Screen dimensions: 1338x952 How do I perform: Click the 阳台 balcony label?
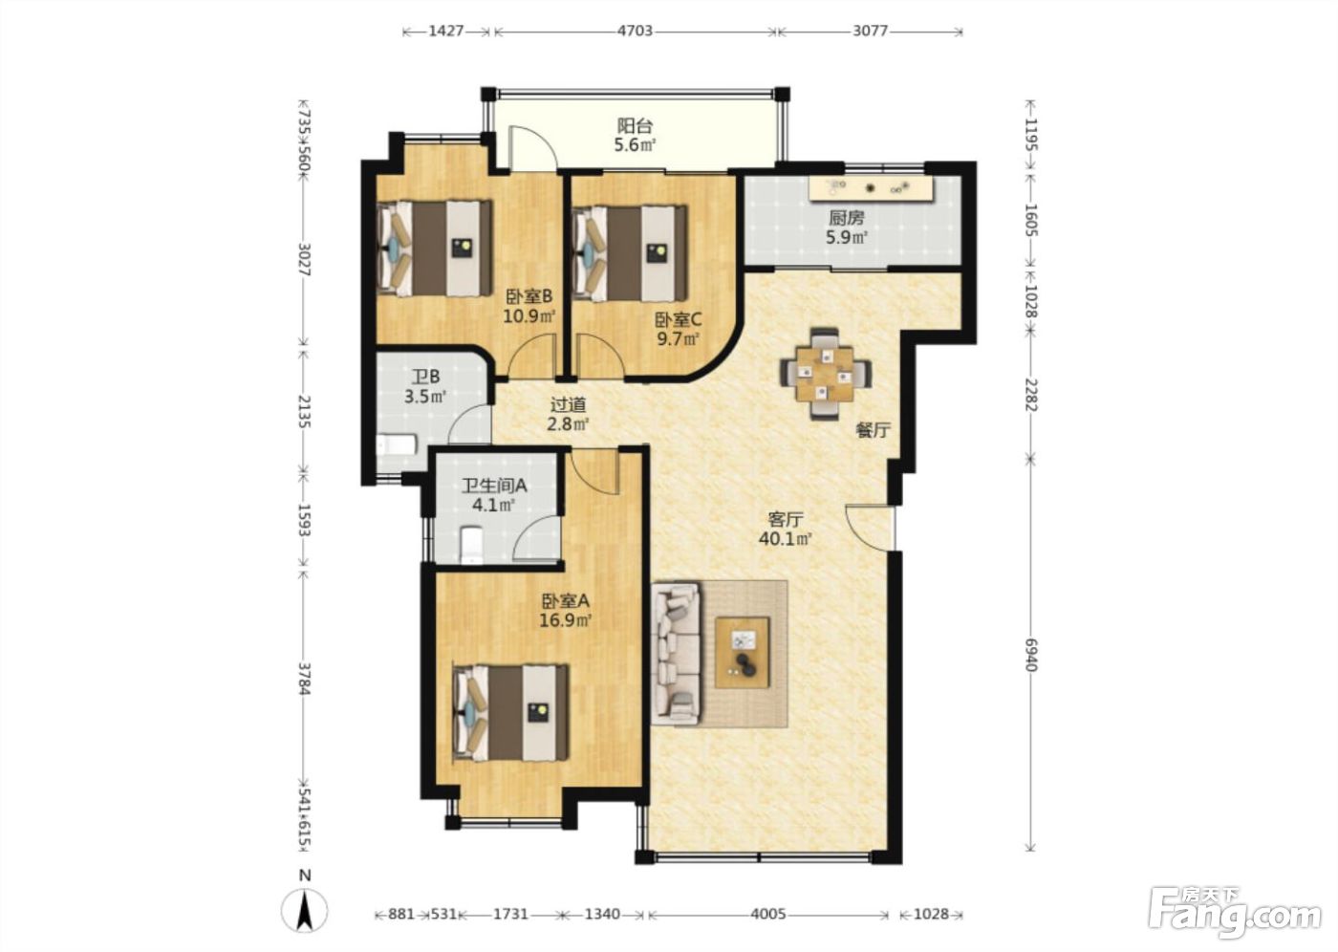click(x=635, y=125)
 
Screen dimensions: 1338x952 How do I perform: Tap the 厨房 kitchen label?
click(x=846, y=218)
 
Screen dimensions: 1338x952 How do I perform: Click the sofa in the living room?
click(x=677, y=654)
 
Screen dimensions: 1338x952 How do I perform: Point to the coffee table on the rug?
click(x=743, y=653)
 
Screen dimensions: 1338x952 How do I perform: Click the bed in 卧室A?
click(x=511, y=713)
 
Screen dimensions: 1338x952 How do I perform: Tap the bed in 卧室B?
click(x=435, y=249)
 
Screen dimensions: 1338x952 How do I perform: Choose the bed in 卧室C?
click(x=630, y=254)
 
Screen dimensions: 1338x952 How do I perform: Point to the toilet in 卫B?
click(x=397, y=445)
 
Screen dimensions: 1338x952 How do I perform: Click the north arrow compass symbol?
click(x=305, y=908)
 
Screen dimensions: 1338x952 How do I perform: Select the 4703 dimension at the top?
click(x=635, y=31)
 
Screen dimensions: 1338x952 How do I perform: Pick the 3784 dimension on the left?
click(x=304, y=679)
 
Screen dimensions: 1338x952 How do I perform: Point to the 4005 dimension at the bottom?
click(x=768, y=915)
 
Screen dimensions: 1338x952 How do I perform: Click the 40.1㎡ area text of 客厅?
click(x=785, y=539)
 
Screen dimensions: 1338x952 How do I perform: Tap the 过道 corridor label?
click(x=568, y=405)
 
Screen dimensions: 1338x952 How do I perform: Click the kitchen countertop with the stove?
click(x=871, y=188)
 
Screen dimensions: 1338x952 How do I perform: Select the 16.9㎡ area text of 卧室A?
click(x=566, y=620)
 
